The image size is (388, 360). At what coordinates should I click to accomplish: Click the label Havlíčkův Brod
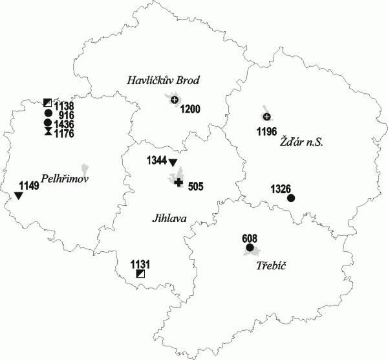tap(162, 81)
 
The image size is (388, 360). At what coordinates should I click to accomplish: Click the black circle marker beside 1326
tap(291, 198)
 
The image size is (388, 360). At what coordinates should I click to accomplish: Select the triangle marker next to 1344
tap(173, 163)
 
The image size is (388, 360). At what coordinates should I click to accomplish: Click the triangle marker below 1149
tap(19, 196)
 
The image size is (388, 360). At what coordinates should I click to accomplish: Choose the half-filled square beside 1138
tap(47, 102)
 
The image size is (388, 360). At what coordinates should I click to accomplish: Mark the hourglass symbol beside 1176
tap(47, 132)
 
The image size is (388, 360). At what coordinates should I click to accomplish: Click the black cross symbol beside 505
tap(178, 183)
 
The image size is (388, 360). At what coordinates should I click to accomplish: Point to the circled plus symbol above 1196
tap(266, 117)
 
